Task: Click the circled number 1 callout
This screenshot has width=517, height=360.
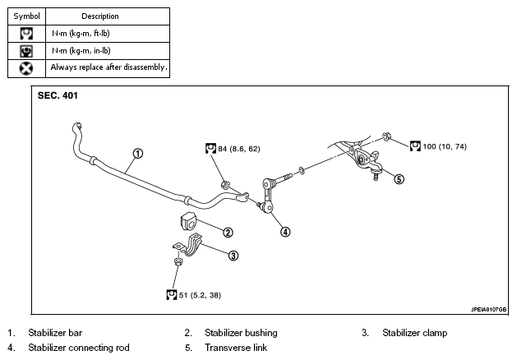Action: pyautogui.click(x=138, y=154)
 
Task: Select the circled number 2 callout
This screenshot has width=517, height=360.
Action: pyautogui.click(x=228, y=233)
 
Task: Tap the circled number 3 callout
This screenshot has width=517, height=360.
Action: pyautogui.click(x=233, y=256)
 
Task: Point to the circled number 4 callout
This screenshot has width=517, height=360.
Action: pyautogui.click(x=285, y=232)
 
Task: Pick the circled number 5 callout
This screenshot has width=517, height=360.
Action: pyautogui.click(x=399, y=179)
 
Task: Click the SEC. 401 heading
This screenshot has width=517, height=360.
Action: pyautogui.click(x=58, y=95)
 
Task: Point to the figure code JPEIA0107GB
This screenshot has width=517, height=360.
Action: pyautogui.click(x=488, y=310)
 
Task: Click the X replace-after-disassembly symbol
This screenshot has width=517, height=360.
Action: pyautogui.click(x=26, y=68)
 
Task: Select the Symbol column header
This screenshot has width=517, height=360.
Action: pyautogui.click(x=26, y=16)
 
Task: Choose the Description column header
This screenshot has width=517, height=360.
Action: pyautogui.click(x=100, y=16)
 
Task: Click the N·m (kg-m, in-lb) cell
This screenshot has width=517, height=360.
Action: pyautogui.click(x=81, y=51)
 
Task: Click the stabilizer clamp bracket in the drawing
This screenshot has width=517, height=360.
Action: pyautogui.click(x=188, y=245)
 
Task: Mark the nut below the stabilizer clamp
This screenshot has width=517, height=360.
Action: pyautogui.click(x=178, y=261)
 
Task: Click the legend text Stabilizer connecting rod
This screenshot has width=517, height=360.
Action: pyautogui.click(x=79, y=348)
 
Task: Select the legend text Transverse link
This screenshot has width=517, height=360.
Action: pyautogui.click(x=236, y=348)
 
